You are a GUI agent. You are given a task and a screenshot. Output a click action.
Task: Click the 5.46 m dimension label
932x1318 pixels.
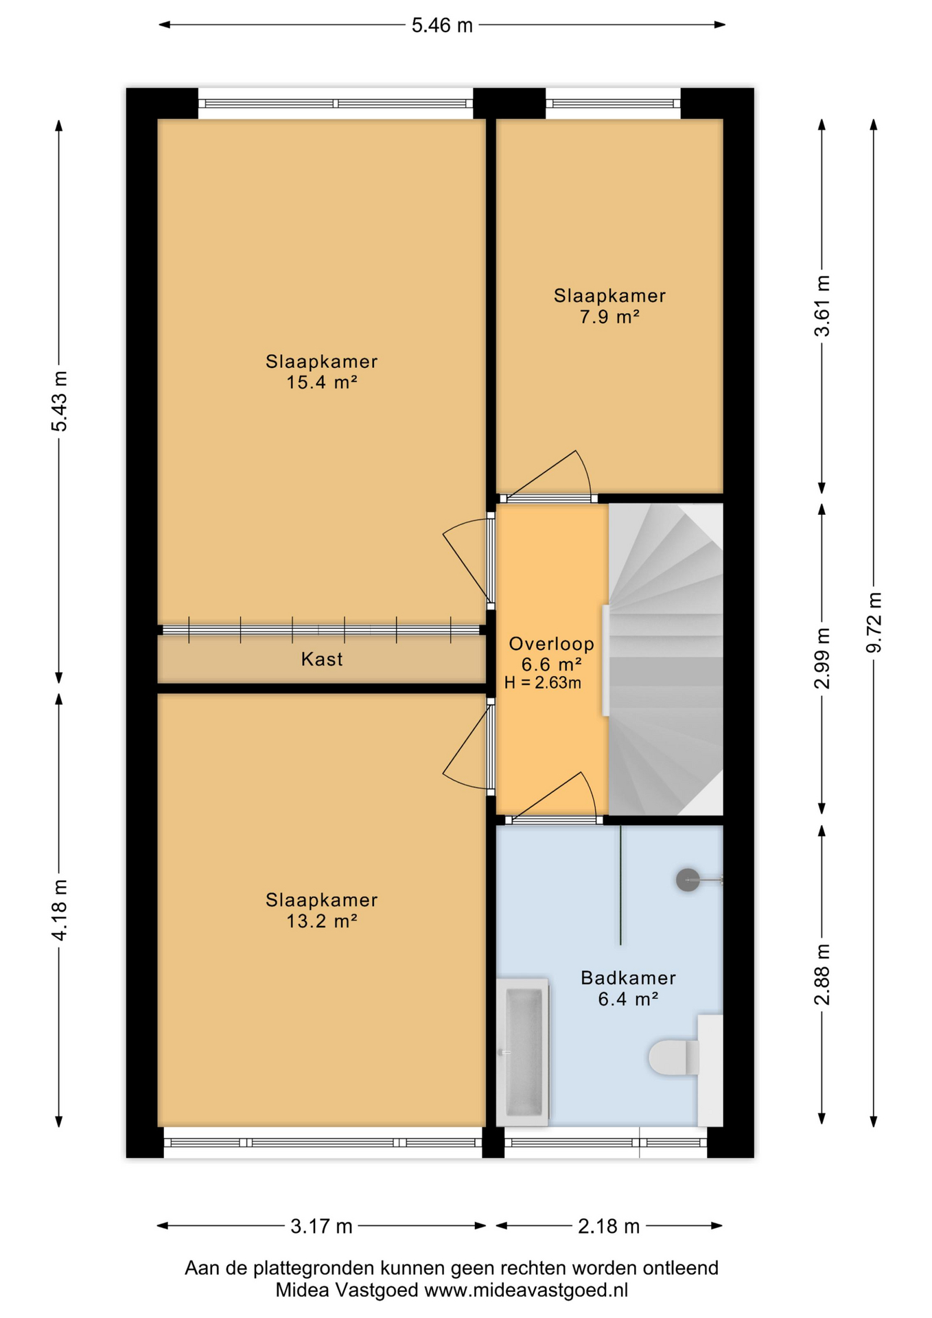click(442, 25)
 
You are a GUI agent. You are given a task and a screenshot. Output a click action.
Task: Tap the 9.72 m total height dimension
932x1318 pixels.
click(874, 623)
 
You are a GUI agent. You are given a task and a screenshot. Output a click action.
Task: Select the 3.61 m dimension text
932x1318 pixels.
click(822, 305)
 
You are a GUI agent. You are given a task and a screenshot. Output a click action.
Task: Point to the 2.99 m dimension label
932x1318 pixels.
click(822, 658)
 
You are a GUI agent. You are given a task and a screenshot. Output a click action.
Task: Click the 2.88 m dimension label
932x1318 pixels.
click(822, 975)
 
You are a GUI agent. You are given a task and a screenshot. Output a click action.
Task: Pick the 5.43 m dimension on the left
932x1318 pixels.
click(60, 402)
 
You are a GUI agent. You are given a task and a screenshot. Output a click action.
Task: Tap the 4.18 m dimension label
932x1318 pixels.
click(60, 910)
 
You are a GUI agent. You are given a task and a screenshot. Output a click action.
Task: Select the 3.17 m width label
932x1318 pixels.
click(321, 1226)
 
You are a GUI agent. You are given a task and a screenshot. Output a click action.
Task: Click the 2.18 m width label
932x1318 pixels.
click(609, 1226)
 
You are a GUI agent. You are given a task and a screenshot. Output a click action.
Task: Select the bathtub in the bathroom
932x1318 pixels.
click(523, 1052)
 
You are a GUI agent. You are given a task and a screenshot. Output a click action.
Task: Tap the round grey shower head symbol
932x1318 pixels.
click(688, 880)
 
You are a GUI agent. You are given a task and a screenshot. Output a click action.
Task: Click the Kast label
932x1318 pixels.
click(322, 660)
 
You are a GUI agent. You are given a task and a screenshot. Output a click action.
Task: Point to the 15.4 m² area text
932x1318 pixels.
click(322, 382)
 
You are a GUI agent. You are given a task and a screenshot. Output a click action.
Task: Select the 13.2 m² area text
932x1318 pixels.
click(322, 921)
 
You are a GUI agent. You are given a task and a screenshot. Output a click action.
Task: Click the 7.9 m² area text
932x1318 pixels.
click(609, 317)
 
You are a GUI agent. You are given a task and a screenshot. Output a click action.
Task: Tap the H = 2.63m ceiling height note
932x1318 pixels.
click(542, 683)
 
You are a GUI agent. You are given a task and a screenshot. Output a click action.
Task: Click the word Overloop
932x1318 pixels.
click(551, 644)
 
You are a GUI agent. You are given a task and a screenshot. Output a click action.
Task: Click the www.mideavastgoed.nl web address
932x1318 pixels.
click(526, 1291)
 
